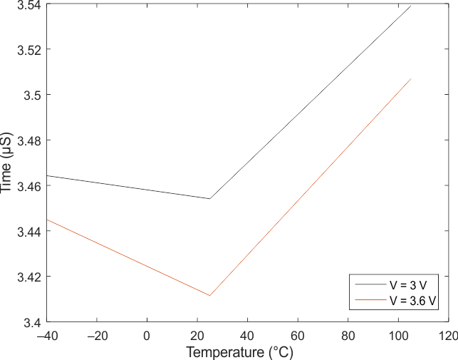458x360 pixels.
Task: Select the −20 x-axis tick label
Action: coord(96,334)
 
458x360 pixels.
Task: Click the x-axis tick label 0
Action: coord(147,334)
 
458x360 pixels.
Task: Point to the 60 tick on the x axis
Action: coord(298,334)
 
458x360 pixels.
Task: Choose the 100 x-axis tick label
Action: coord(398,334)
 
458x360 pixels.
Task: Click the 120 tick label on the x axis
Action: coord(448,334)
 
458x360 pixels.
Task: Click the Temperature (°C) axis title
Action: coord(239,351)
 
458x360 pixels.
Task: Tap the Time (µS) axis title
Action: coord(7,163)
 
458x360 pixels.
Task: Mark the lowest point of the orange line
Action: coord(209,295)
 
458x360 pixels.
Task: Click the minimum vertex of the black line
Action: coord(209,199)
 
